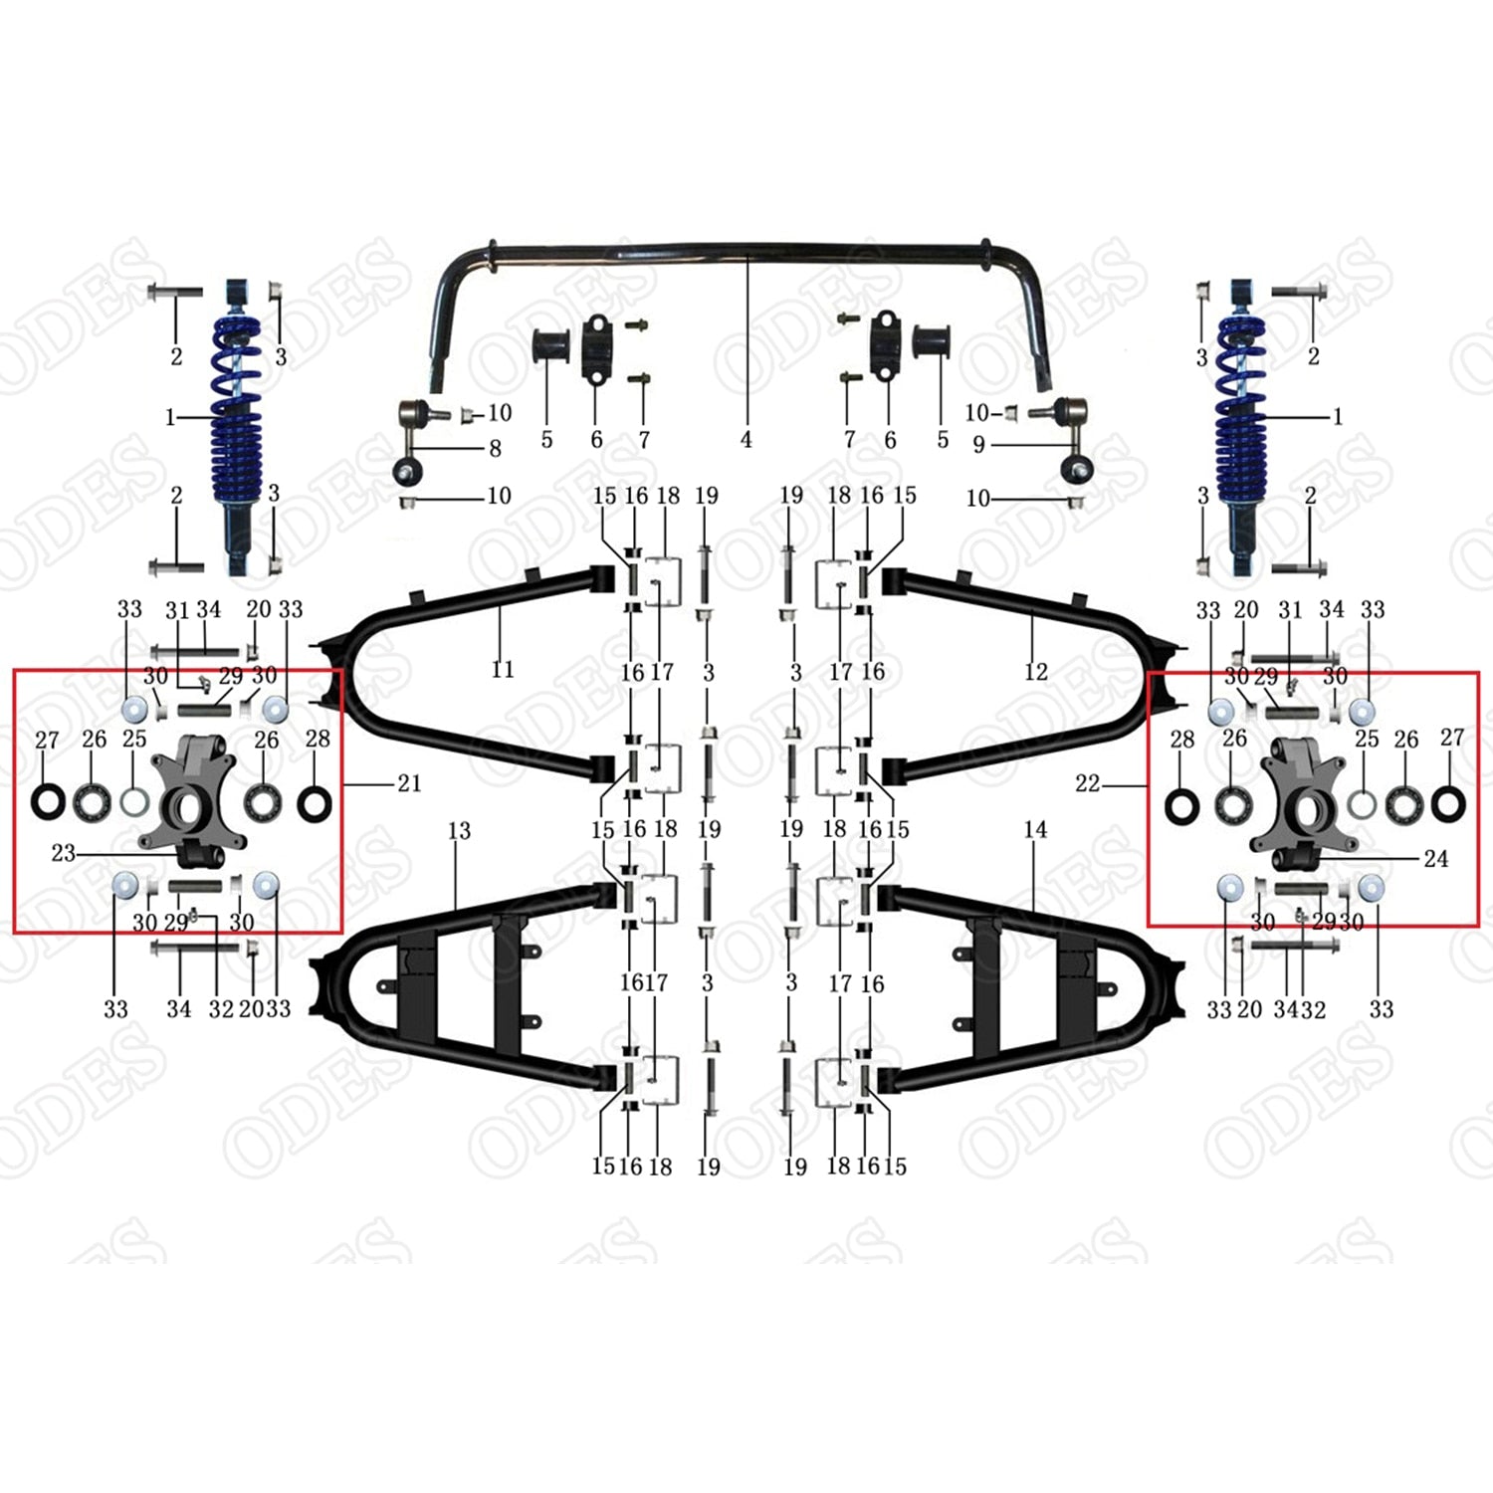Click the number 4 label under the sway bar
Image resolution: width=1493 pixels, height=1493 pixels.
point(746,440)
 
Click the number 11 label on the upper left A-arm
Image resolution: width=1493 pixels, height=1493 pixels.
point(503,669)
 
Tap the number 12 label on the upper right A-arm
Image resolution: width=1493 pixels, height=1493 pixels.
point(1035,672)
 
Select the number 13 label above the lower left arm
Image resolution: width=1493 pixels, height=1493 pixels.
point(459,830)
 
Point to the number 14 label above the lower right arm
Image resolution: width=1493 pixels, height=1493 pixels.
point(1035,829)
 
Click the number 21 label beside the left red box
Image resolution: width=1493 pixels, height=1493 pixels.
point(409,783)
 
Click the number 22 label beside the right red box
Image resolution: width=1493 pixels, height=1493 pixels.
point(1087,784)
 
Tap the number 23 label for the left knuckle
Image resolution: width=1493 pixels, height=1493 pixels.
point(63,853)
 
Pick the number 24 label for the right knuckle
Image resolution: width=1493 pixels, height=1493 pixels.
point(1435,858)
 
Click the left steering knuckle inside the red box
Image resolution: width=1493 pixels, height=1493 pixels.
point(194,796)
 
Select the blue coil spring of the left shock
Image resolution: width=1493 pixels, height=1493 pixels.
point(236,418)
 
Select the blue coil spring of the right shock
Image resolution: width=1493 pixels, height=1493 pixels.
point(1242,418)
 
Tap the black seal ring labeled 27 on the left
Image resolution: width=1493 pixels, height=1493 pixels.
point(47,801)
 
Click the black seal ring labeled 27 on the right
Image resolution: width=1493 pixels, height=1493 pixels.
point(1447,802)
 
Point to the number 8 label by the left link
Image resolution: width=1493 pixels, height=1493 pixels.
point(495,449)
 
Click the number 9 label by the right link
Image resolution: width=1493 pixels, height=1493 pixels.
point(978,445)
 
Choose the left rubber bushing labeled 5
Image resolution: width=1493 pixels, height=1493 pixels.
point(550,344)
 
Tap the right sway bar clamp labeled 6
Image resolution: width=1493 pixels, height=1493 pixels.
point(884,346)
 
